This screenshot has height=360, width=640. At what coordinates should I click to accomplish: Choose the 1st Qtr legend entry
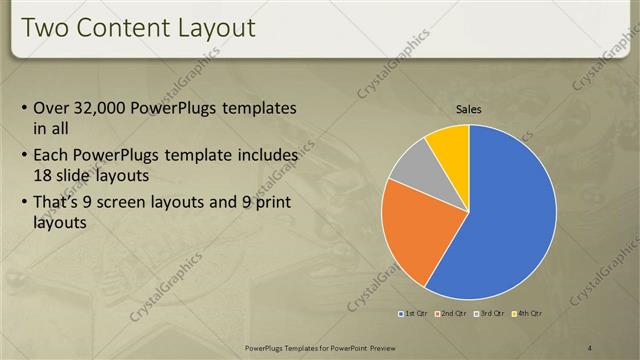click(x=414, y=314)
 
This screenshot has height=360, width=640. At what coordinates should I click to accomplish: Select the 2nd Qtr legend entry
click(x=450, y=314)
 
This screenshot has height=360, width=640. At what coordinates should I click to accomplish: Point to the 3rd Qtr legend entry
click(x=487, y=314)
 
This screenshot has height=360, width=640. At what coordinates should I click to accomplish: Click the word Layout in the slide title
click(x=214, y=27)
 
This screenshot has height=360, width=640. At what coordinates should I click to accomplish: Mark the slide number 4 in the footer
click(x=590, y=347)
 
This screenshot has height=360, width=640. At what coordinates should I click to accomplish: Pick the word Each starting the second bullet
click(x=52, y=156)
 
